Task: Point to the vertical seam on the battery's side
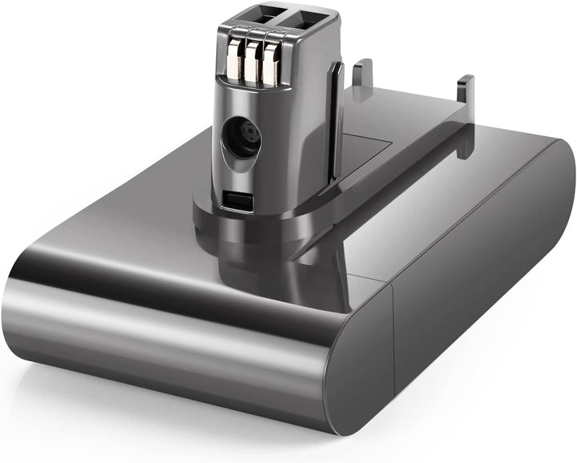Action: click(x=394, y=352)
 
